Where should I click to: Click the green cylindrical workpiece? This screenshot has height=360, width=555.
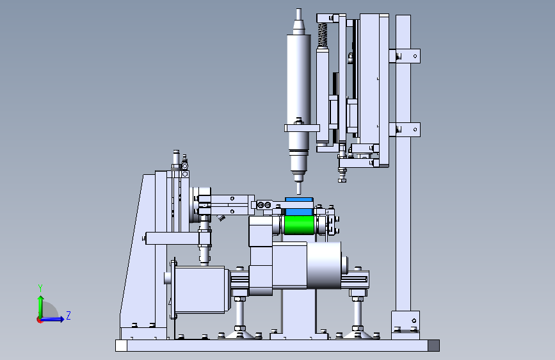tap(299, 225)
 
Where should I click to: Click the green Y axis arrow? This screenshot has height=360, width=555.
tap(40, 307)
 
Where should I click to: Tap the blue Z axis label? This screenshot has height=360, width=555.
tap(68, 315)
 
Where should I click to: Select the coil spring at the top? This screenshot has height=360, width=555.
tap(322, 35)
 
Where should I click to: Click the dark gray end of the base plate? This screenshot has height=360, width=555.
tap(433, 345)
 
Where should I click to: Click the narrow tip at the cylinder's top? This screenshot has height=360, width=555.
tap(299, 14)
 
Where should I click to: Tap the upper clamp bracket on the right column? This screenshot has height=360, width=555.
tap(405, 56)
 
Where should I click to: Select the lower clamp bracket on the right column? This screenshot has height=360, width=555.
tap(405, 129)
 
